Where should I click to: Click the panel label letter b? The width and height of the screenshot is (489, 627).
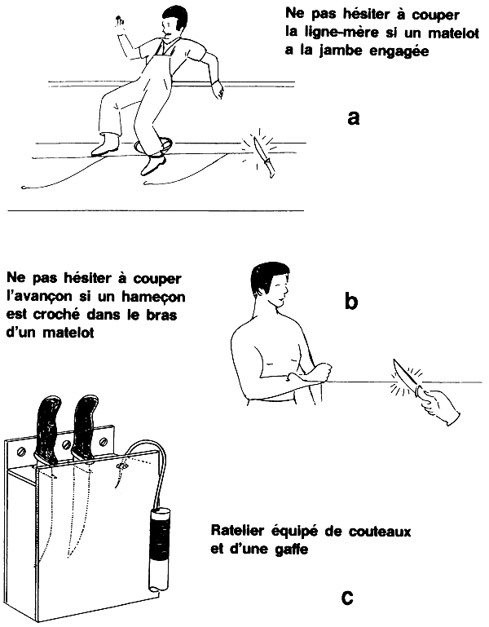[352, 302]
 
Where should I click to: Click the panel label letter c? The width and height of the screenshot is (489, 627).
[347, 599]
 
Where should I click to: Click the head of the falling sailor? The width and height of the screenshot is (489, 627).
[171, 24]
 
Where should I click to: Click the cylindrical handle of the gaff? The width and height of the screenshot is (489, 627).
[160, 546]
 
